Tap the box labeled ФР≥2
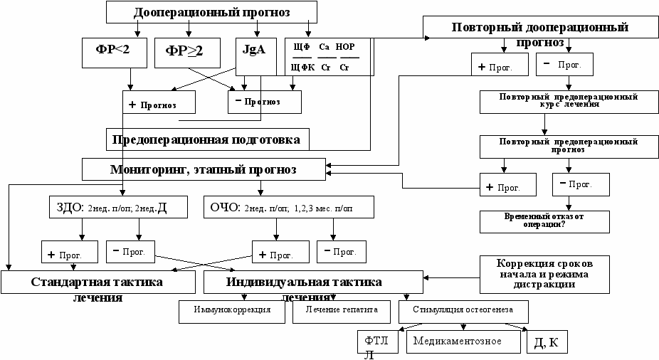(x=184, y=51)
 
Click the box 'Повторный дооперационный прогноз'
(x=539, y=33)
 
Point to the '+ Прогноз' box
(x=159, y=103)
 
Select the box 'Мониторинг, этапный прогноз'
(x=203, y=169)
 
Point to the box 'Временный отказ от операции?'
(x=544, y=221)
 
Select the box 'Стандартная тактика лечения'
(x=97, y=282)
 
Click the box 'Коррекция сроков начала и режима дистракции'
(x=544, y=272)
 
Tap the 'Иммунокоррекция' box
(x=233, y=311)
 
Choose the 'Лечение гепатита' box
(x=342, y=311)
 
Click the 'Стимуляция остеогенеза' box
(x=464, y=311)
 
